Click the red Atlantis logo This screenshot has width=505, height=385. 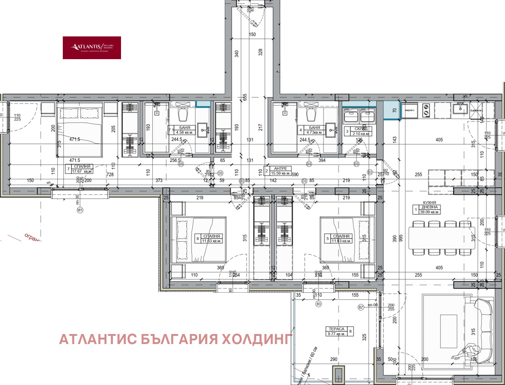point(91,48)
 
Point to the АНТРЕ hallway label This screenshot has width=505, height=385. point(279,171)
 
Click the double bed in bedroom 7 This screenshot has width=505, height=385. point(80,130)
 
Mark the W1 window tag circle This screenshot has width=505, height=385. point(81,211)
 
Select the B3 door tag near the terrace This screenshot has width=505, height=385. point(318,304)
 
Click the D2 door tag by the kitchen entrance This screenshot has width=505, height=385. point(370,172)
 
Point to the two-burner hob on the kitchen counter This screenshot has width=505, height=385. point(426,109)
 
